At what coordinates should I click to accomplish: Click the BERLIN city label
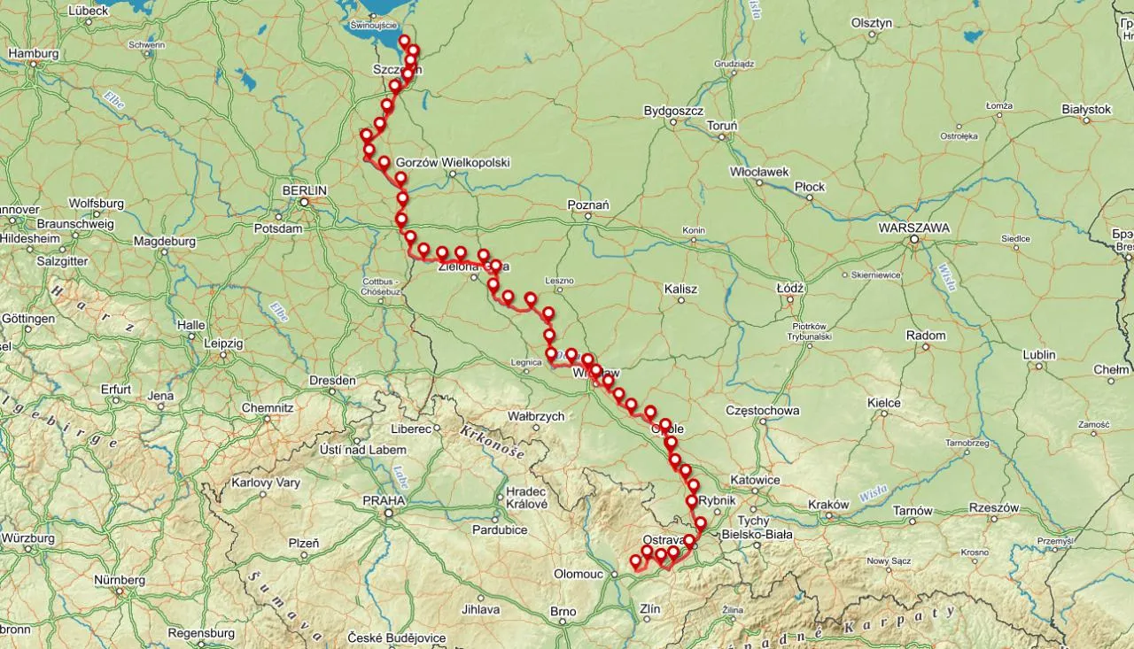coord(304,190)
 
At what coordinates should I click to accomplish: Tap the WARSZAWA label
coord(913,228)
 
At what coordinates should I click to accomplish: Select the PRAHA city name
coord(383,500)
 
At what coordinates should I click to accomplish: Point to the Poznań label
coord(587,205)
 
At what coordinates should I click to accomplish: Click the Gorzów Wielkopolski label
coord(453,163)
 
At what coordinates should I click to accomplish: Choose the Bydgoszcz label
coord(673,112)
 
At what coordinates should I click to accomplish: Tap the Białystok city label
coord(1085,109)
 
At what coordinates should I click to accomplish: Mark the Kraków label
coord(829,505)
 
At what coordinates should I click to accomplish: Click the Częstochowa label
coord(762,411)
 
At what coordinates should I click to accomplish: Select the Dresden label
coord(332,381)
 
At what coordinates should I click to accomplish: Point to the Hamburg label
coord(33,53)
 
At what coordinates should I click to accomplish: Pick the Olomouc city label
coord(579,574)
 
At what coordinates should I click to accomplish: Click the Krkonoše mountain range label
coord(492,441)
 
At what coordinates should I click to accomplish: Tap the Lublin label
coord(1039,355)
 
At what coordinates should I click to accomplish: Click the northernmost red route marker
coord(404,41)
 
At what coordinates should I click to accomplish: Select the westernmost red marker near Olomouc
coord(634,560)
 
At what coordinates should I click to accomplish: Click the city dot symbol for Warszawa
coord(913,239)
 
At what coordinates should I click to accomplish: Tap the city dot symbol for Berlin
coord(304,202)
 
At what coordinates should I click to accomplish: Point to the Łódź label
coord(788,289)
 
